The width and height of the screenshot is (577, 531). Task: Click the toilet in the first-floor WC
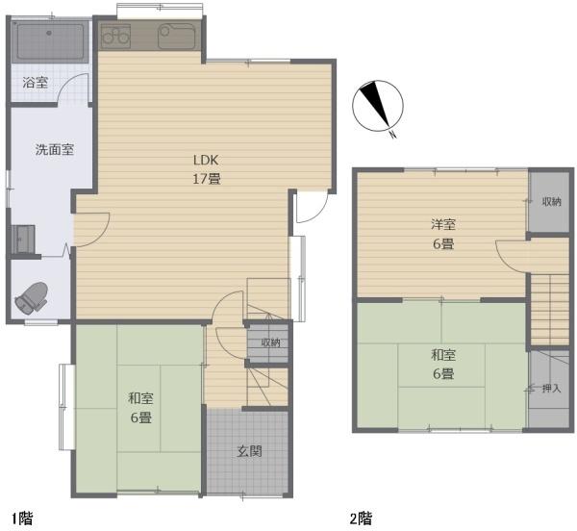pos(32,298)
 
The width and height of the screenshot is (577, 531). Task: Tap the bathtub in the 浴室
pos(50,41)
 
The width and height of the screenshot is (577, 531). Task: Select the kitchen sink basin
pos(176,37)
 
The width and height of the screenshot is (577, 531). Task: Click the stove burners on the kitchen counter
pos(115,36)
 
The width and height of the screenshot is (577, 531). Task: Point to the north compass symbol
pos(378,107)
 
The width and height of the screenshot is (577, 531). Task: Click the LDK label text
pos(206,160)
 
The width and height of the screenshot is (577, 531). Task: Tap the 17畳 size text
pos(207,179)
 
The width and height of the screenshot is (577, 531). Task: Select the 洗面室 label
pos(55,149)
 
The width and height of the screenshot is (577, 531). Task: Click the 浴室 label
pos(36,82)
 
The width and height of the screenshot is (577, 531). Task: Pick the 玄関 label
pos(249,451)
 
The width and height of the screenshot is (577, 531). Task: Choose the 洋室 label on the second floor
pos(443,224)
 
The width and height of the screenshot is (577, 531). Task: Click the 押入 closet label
pos(551,388)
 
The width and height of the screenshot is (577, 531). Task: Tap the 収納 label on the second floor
pos(551,201)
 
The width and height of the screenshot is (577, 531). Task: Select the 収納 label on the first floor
pos(270,342)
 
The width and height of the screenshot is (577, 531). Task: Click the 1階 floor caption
pos(22,518)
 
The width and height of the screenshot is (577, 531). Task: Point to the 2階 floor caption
pos(361,518)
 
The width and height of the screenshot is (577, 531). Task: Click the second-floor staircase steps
pos(550,310)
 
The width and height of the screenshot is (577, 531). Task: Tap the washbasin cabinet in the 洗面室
pos(23,240)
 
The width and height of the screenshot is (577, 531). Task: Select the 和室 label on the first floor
pos(140,398)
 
